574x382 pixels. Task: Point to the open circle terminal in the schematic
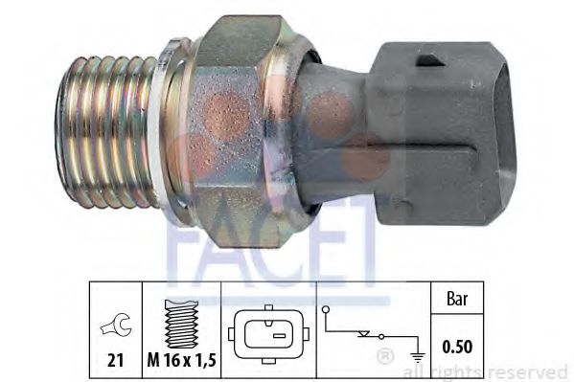tap(327, 310)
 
